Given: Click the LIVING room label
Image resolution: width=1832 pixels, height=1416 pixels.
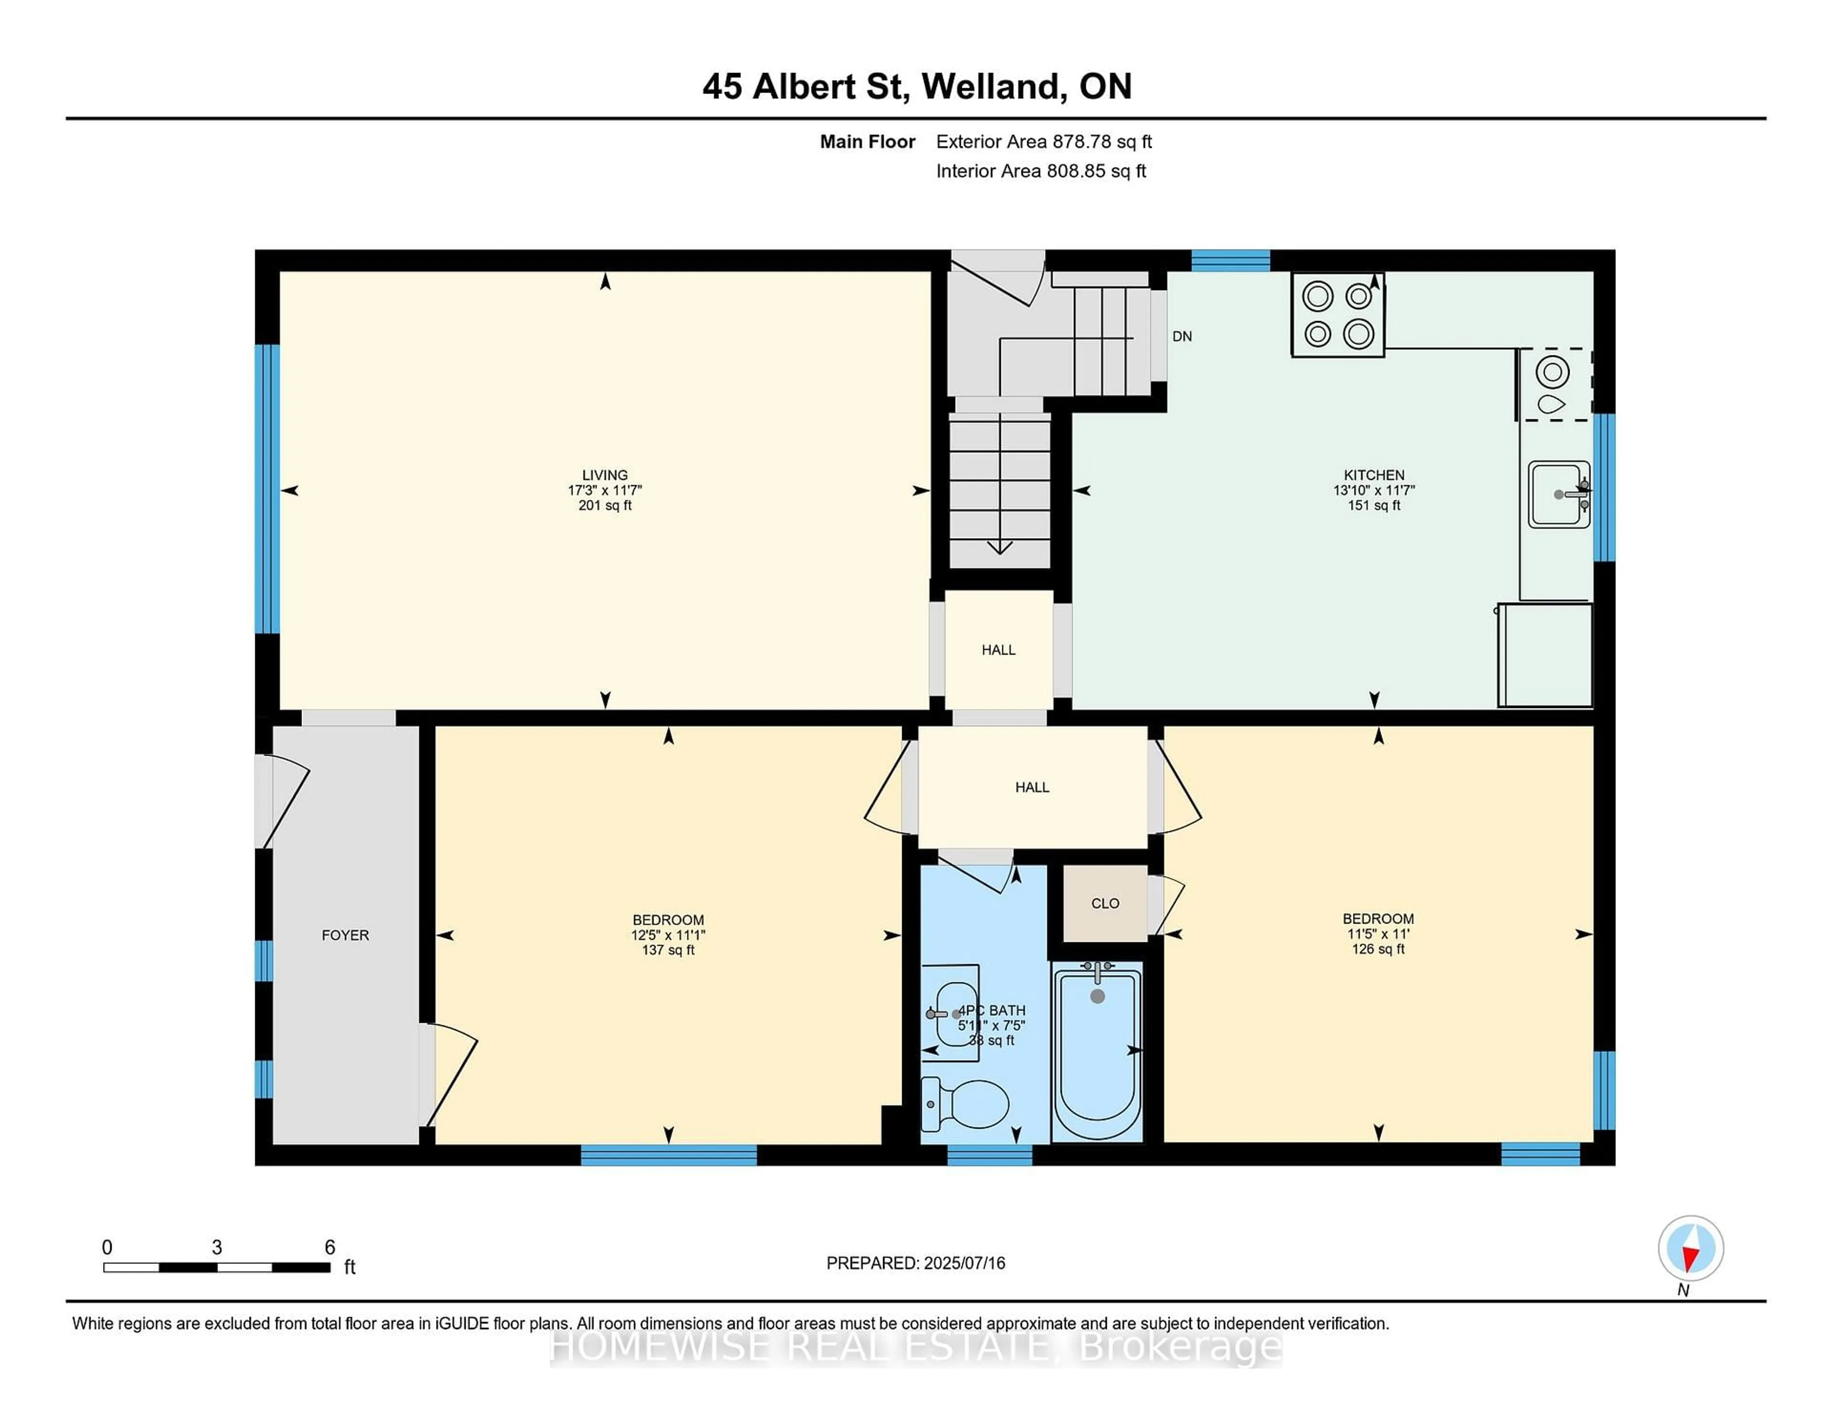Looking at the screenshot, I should [x=605, y=475].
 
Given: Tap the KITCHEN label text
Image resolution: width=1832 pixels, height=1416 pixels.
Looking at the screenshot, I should [x=1374, y=475].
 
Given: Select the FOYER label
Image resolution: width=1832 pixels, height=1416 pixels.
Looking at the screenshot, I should [x=345, y=935].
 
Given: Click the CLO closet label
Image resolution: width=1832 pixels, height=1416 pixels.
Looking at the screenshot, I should [x=1105, y=904].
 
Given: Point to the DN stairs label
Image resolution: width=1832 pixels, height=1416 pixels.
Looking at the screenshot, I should [x=1182, y=336].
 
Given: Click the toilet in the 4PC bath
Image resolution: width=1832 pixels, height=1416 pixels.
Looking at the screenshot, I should [x=966, y=1104].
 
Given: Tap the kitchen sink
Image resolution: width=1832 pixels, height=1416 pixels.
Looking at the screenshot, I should [x=1558, y=494].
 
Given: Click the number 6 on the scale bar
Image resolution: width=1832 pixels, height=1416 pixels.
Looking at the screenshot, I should [x=330, y=1248].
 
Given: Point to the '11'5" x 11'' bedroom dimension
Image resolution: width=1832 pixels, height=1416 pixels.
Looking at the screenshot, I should [x=1378, y=934].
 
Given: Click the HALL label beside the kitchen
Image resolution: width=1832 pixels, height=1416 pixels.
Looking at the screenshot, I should [x=998, y=650].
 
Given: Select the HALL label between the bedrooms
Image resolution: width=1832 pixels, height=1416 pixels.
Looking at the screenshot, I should [x=1032, y=787].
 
